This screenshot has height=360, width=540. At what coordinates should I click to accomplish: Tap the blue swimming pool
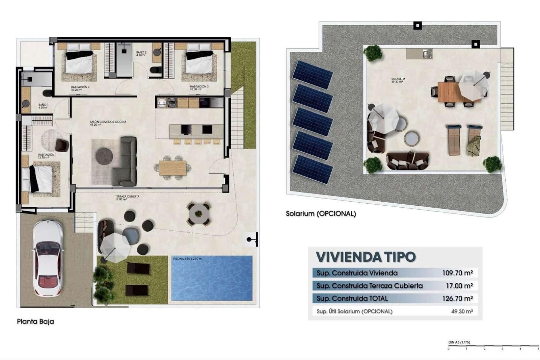pyautogui.click(x=212, y=278)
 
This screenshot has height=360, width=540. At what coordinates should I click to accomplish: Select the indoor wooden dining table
pyautogui.click(x=172, y=168)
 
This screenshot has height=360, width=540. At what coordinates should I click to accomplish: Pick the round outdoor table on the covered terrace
pyautogui.click(x=199, y=213)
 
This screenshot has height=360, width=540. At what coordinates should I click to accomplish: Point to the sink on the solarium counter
pyautogui.click(x=427, y=54)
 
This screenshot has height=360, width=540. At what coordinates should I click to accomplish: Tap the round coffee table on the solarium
pyautogui.click(x=412, y=138)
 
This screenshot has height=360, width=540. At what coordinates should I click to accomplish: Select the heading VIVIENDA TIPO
pyautogui.click(x=366, y=257)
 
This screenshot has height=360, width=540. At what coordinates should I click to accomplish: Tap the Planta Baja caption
pyautogui.click(x=35, y=322)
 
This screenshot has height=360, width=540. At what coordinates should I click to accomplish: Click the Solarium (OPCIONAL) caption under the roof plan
pyautogui.click(x=321, y=214)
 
